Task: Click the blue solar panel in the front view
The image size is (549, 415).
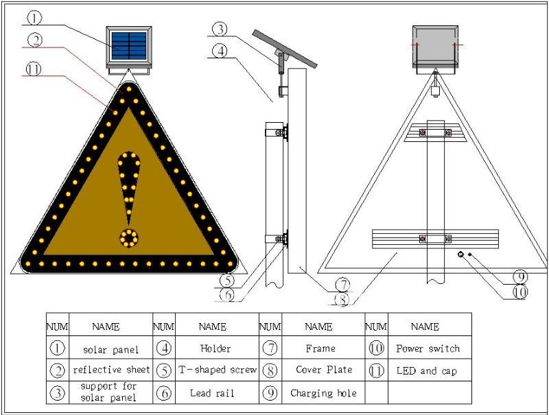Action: coord(128,45)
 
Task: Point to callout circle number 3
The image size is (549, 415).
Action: coord(219,29)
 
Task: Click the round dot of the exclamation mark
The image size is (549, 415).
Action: coord(128,238)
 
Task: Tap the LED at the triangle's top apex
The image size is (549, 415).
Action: coord(128,88)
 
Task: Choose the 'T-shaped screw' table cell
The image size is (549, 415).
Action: coord(217,370)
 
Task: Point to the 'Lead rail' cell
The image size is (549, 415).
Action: coord(217,393)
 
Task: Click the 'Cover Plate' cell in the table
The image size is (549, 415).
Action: coord(323,370)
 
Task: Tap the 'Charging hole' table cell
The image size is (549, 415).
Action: coord(323,393)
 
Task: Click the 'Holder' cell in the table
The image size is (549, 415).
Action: coord(217,348)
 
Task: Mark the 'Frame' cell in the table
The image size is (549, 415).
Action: coord(323,348)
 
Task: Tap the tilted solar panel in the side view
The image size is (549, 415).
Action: coord(285,48)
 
